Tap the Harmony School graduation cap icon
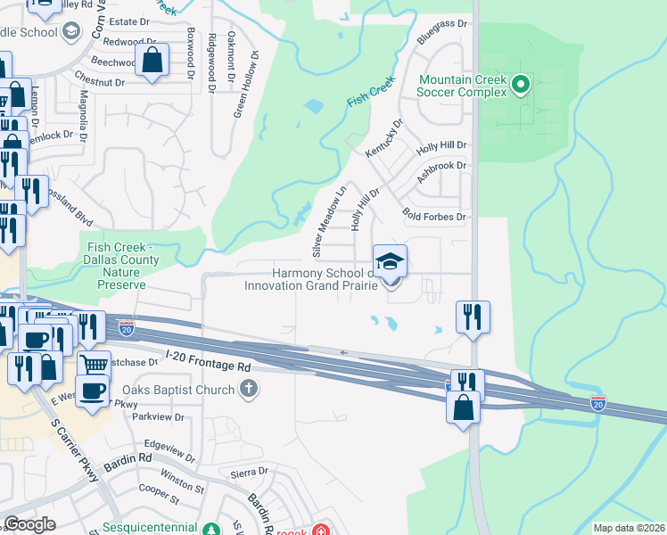(390, 262)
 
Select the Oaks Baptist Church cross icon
(248, 389)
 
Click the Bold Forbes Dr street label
(435, 216)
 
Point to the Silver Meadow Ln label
(327, 218)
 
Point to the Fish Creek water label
(370, 93)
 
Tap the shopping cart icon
(94, 364)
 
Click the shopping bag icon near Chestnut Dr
(152, 61)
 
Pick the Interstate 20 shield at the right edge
(598, 403)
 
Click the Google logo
(29, 524)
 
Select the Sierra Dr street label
(250, 471)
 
